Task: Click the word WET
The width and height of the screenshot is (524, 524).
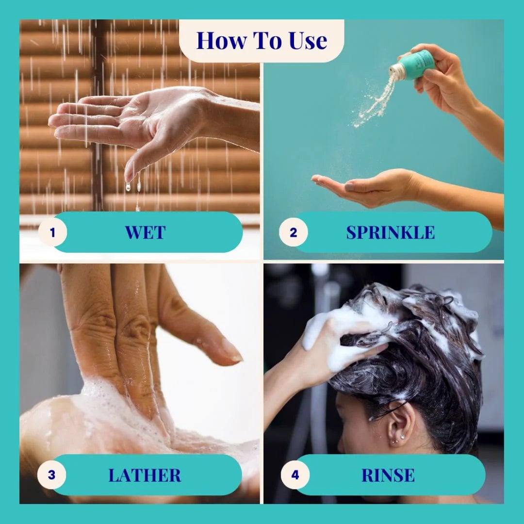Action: (145, 232)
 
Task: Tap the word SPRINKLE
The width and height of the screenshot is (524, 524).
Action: (390, 232)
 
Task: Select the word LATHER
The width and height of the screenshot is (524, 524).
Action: (145, 475)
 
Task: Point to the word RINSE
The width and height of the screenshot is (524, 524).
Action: (388, 475)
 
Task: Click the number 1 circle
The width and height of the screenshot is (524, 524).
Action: (52, 232)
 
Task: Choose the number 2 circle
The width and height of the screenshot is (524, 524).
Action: (294, 232)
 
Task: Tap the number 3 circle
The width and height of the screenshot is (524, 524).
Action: (51, 475)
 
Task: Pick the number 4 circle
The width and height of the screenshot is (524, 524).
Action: (295, 475)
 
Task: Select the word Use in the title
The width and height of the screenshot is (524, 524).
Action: (308, 41)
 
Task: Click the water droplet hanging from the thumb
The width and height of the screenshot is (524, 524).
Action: (128, 186)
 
